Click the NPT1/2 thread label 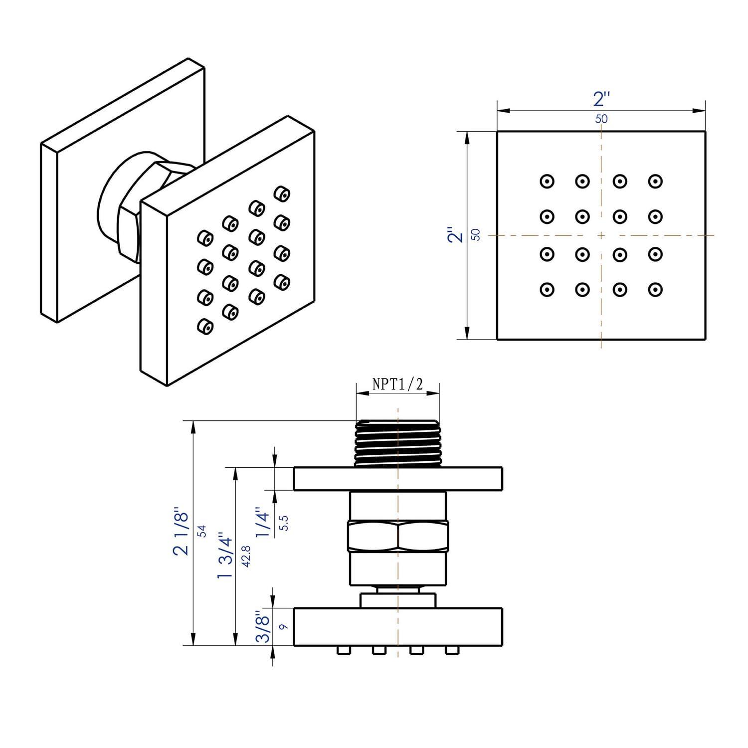397,384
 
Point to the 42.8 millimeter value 245,555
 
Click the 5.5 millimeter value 285,523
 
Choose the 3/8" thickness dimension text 264,626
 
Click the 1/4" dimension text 264,522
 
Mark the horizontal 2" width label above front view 601,99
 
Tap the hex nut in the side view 397,537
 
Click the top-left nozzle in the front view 547,182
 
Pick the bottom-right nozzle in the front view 655,289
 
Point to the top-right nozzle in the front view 655,182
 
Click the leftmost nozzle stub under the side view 343,650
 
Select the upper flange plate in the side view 397,479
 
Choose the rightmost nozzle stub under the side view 451,650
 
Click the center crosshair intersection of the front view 601,235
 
